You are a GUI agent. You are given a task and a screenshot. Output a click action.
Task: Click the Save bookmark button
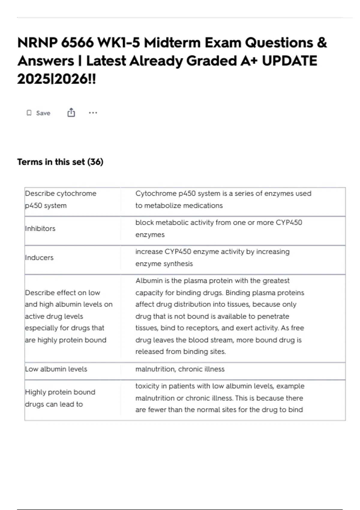click(x=38, y=113)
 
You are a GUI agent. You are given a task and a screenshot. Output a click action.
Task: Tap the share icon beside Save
click(x=71, y=113)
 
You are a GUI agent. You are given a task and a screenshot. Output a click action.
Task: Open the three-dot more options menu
click(x=93, y=113)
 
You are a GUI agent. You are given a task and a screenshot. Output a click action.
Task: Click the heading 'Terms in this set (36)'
click(x=60, y=162)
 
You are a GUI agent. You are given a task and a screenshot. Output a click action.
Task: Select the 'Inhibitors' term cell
click(x=40, y=229)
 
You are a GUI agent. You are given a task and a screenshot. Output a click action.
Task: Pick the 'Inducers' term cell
click(x=39, y=258)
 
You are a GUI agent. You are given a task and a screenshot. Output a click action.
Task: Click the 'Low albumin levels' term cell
click(x=56, y=369)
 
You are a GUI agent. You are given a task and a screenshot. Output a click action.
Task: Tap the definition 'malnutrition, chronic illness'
click(x=180, y=369)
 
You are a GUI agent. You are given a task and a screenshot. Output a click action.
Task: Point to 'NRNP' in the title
click(x=37, y=43)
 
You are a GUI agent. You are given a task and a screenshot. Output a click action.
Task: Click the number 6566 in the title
click(x=77, y=43)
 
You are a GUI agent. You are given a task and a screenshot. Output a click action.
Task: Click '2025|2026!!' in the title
click(x=57, y=79)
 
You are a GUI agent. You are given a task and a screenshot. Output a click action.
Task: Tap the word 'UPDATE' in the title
click(x=289, y=61)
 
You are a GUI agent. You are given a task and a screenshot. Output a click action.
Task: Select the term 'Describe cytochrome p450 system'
click(x=61, y=199)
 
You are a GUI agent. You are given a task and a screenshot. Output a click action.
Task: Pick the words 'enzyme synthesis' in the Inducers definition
click(x=164, y=264)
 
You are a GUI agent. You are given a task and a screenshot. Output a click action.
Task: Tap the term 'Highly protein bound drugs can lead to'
click(x=60, y=398)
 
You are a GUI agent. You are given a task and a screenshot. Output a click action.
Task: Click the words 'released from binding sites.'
click(x=180, y=352)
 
